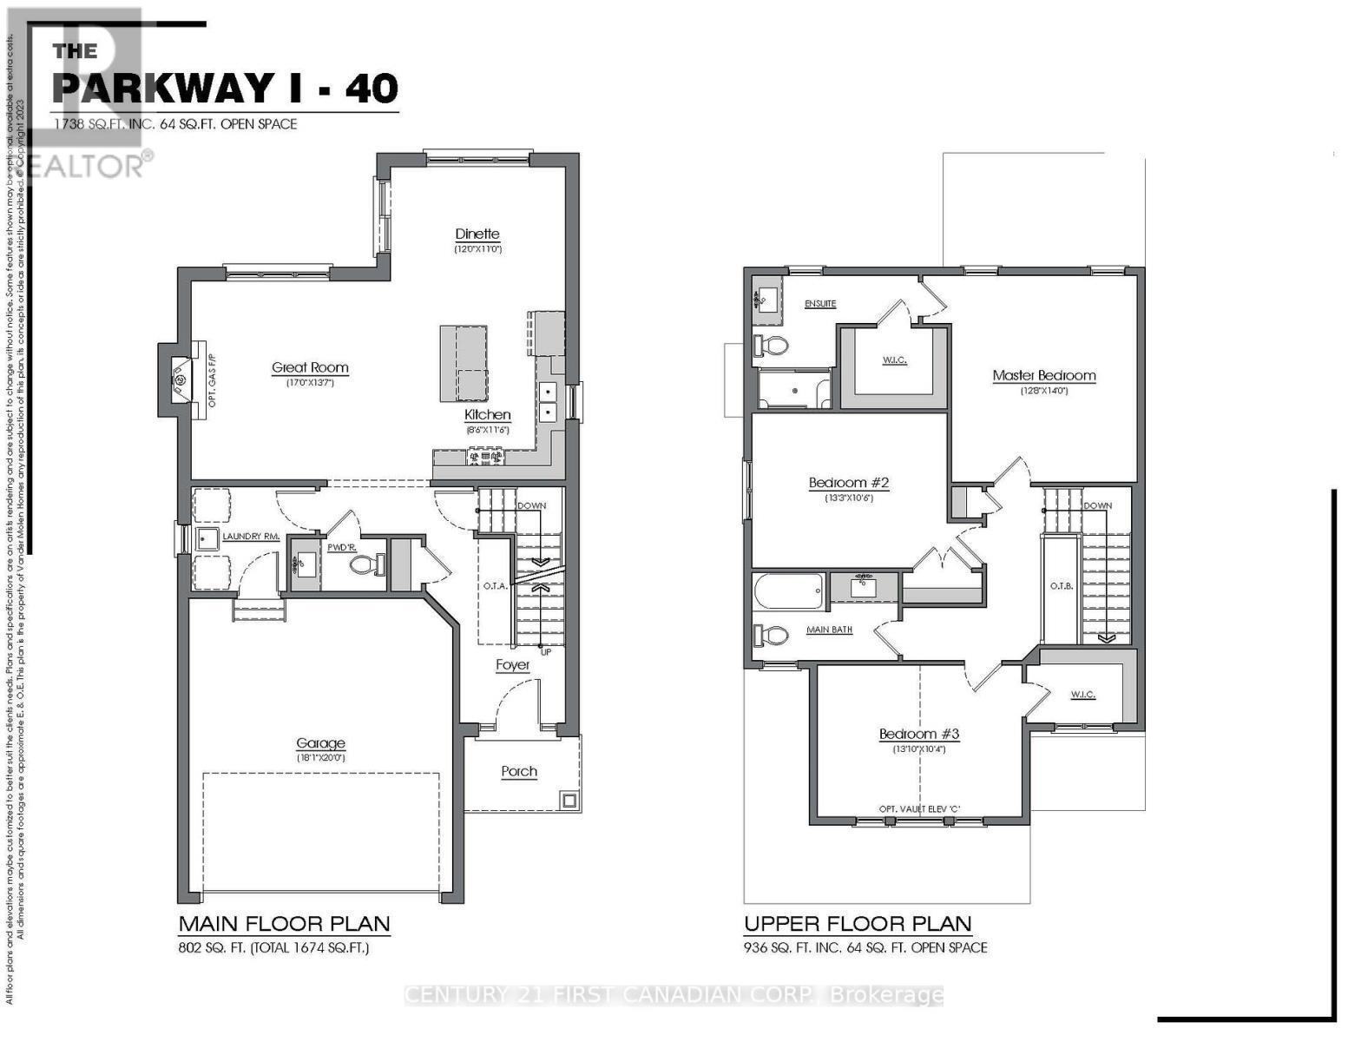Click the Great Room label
(x=310, y=367)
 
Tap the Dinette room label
(x=477, y=234)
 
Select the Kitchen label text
(x=487, y=415)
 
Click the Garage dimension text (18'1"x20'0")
(x=320, y=757)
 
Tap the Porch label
(x=519, y=771)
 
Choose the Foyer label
(x=513, y=665)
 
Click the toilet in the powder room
(x=367, y=564)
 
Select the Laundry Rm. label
(x=250, y=537)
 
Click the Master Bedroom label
(x=1043, y=376)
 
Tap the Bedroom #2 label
(x=849, y=483)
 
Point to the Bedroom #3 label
(x=918, y=734)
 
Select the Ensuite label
(x=820, y=304)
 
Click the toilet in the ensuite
(x=771, y=346)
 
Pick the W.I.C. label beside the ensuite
(x=894, y=359)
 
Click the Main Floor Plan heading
(x=284, y=923)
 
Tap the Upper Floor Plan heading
(x=858, y=923)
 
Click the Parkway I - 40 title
(x=225, y=87)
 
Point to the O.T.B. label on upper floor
(x=1061, y=586)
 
